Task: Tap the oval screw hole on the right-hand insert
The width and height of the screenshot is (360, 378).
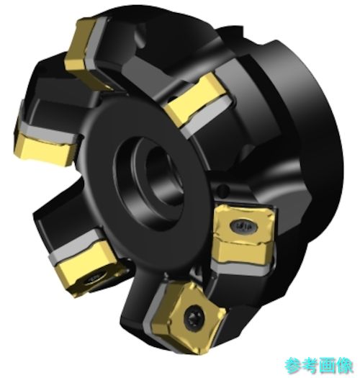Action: point(243,226)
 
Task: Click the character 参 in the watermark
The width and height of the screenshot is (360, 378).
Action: point(293,366)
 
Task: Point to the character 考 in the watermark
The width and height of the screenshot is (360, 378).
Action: point(310,366)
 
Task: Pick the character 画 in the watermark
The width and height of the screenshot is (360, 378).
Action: point(327,366)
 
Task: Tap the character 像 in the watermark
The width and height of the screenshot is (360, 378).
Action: point(344,366)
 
